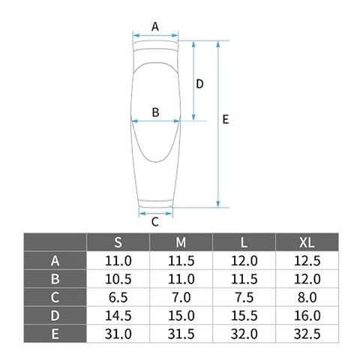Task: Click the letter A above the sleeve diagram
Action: (155, 26)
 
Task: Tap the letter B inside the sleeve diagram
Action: (155, 112)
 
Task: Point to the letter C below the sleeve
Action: (155, 222)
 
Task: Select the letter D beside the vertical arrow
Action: (199, 84)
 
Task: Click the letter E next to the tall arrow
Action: (226, 119)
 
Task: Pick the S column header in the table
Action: (118, 242)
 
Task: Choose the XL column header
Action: (307, 242)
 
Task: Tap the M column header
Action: (181, 242)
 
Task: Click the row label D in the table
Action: (55, 316)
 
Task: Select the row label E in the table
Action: (55, 334)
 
